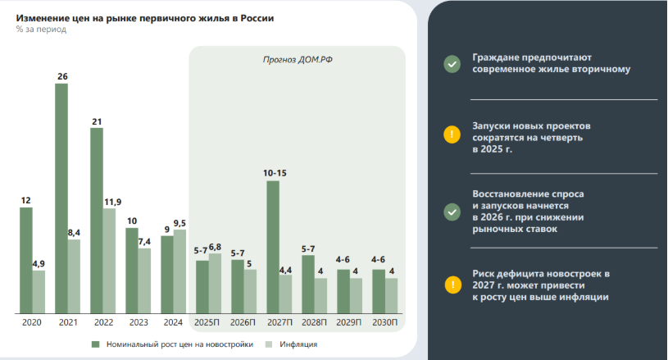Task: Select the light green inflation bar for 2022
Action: pyautogui.click(x=109, y=261)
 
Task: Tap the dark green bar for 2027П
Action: pyautogui.click(x=273, y=247)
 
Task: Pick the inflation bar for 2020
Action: pyautogui.click(x=39, y=292)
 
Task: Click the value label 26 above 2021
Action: pyautogui.click(x=62, y=76)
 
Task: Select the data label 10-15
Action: pyautogui.click(x=275, y=173)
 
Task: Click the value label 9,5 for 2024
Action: pyautogui.click(x=180, y=223)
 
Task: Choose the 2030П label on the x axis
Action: pyautogui.click(x=385, y=323)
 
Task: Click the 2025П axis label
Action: pyautogui.click(x=208, y=323)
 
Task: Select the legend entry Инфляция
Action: pyautogui.click(x=299, y=344)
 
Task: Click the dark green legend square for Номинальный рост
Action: pyautogui.click(x=96, y=344)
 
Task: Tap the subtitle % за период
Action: pyautogui.click(x=41, y=30)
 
